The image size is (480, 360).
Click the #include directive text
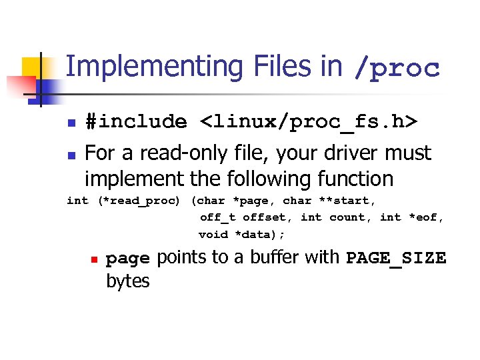(x=136, y=122)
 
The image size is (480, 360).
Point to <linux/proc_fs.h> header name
(x=309, y=122)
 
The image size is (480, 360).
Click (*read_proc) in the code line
(x=139, y=201)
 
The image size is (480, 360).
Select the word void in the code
(x=213, y=234)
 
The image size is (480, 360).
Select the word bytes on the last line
(x=128, y=281)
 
